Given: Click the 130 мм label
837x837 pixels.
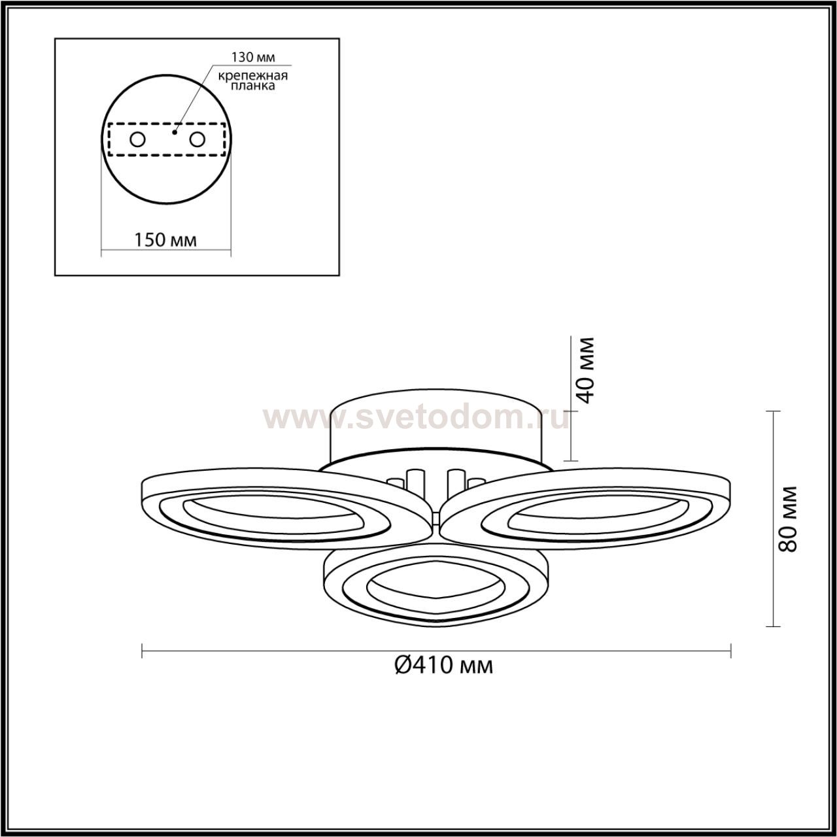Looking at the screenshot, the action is coord(253,57).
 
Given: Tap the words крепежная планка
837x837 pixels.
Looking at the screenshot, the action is coord(253,80).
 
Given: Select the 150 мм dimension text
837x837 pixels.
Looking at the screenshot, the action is coord(165,240).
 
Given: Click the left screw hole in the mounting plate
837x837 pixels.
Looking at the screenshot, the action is coord(138,140).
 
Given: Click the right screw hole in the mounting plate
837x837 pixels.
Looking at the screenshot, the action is coord(197,140).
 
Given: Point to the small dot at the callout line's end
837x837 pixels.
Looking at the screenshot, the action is coord(175,132).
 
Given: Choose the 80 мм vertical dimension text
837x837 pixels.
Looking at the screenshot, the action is coord(788,519).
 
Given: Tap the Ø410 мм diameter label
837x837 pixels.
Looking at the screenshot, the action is coord(443,677).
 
